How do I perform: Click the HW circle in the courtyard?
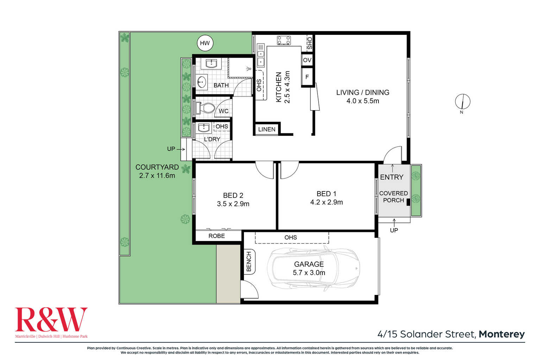tap(205, 43)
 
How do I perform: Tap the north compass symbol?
tap(462, 101)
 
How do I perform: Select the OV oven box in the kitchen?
tap(307, 60)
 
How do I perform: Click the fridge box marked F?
tap(307, 77)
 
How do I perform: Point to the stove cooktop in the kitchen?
tap(284, 40)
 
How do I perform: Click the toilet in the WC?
tap(205, 108)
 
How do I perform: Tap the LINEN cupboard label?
tap(266, 130)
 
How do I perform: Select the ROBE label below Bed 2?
tap(216, 236)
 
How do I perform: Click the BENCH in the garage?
tap(250, 261)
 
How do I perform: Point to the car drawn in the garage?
tap(313, 269)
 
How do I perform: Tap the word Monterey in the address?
tap(502, 334)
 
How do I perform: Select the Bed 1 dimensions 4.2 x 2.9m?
tap(326, 202)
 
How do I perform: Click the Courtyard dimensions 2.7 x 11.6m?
tap(157, 175)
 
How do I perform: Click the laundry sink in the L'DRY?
tap(204, 128)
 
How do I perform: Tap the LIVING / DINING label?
tap(363, 93)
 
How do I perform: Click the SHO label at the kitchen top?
tap(309, 43)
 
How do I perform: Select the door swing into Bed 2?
tap(264, 170)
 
